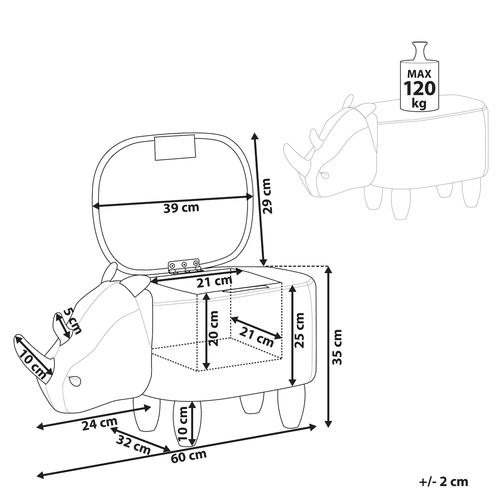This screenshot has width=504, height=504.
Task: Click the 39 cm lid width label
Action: pyautogui.click(x=181, y=207)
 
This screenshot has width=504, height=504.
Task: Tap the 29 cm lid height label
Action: pyautogui.click(x=267, y=196)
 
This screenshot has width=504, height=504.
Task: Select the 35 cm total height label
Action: pyautogui.click(x=337, y=347)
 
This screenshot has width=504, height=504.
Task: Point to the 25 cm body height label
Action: pyautogui.click(x=299, y=330)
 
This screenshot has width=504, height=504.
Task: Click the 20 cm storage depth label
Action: pyautogui.click(x=213, y=328)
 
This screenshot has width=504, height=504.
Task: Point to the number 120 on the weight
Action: pyautogui.click(x=420, y=88)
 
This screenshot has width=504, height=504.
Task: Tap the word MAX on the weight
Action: pyautogui.click(x=419, y=74)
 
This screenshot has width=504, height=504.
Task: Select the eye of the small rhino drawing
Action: pyautogui.click(x=325, y=173)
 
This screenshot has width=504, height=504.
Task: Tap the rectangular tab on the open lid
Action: pyautogui.click(x=175, y=147)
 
